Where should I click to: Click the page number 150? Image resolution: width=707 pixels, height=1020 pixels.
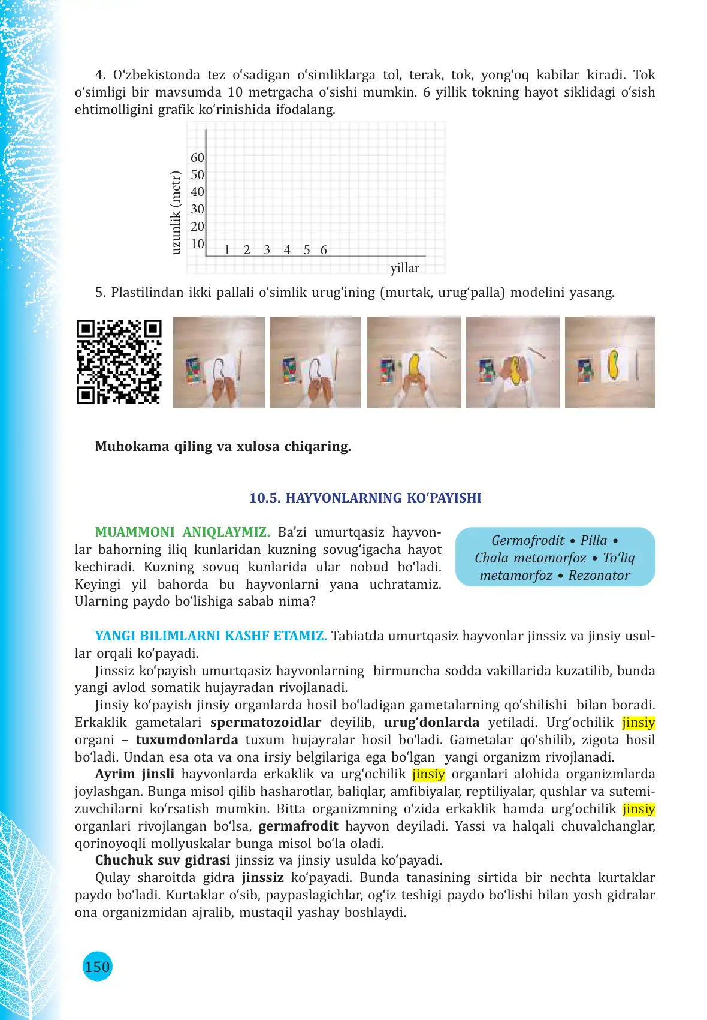click(97, 967)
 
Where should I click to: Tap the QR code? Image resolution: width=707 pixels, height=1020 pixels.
click(119, 362)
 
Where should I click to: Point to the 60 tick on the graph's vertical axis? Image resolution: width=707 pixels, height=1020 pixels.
click(197, 158)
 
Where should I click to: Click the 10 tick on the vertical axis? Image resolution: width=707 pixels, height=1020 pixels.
click(197, 244)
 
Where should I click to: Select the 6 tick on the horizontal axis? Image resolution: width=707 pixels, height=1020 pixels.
click(324, 250)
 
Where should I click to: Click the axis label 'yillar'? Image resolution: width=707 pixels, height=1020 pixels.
click(405, 268)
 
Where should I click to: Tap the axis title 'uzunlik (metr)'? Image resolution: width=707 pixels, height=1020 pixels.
click(176, 212)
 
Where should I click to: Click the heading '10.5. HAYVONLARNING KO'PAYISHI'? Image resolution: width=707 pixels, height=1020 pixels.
click(365, 498)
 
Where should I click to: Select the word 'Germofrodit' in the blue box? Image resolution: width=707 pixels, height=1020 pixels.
click(527, 540)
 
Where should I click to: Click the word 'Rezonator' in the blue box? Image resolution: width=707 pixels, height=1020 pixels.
click(599, 575)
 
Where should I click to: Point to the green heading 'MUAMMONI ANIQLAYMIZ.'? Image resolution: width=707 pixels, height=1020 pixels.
click(182, 532)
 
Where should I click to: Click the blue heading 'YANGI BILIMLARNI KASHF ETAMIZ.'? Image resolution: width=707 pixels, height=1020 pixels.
click(211, 636)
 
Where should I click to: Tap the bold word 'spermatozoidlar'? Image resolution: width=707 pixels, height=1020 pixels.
click(265, 722)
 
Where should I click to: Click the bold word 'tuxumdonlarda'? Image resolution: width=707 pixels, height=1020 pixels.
click(187, 739)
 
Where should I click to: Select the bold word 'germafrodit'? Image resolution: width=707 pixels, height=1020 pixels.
click(298, 826)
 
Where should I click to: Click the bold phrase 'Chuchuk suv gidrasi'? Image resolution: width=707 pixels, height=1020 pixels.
click(162, 860)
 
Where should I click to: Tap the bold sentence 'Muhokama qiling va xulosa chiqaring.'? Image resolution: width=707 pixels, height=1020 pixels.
click(223, 446)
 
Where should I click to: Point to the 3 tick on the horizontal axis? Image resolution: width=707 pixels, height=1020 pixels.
click(267, 250)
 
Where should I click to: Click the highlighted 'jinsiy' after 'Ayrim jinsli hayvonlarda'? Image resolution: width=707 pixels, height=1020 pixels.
click(428, 774)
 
